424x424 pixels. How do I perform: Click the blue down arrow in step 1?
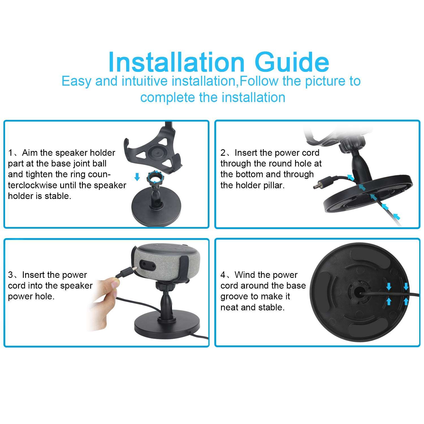click(x=137, y=177)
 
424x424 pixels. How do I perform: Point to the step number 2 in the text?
click(x=223, y=153)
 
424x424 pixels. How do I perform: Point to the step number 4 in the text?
click(x=223, y=275)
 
